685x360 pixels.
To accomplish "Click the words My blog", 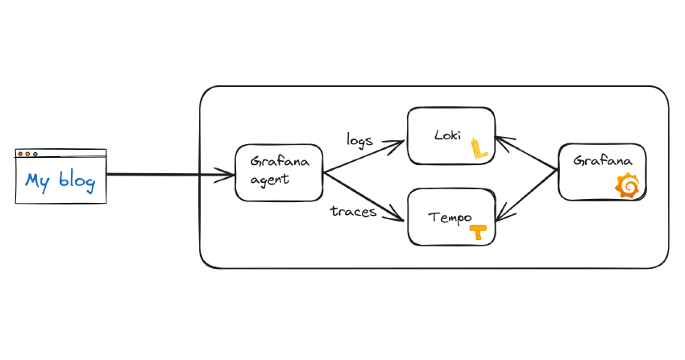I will (60, 181).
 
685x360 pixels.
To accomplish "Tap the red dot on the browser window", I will (20, 154).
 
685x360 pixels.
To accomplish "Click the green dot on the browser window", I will (35, 154).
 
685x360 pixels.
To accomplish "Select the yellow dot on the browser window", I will (27, 154).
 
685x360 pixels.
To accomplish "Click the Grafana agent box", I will (279, 173).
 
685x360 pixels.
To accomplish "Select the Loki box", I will (450, 135).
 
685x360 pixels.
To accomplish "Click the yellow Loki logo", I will (480, 147).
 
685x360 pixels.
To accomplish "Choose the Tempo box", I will (450, 217).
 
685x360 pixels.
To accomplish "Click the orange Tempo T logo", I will (479, 232).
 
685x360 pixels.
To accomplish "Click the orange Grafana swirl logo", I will (628, 186).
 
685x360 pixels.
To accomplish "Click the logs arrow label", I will (359, 139).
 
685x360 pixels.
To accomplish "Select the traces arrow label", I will (354, 212).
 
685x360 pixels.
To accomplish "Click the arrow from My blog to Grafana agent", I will (169, 174).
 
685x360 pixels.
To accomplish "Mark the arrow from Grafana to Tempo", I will (528, 194).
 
